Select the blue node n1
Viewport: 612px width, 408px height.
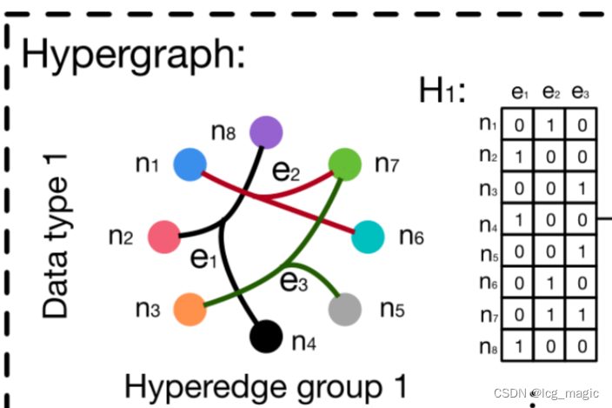tap(189, 164)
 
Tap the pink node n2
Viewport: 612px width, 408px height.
tap(163, 236)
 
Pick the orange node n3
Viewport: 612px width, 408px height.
tap(189, 309)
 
